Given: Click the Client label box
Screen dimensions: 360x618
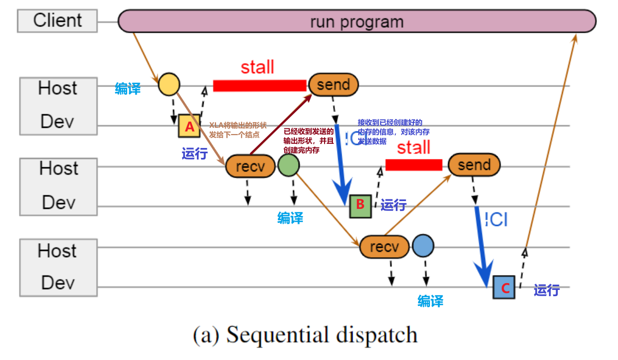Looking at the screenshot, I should (57, 21).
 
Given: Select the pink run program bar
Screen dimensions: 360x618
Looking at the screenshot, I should (356, 22).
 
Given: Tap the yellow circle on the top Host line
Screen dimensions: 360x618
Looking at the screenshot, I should (169, 84).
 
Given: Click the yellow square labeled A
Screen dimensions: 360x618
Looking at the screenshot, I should (189, 126).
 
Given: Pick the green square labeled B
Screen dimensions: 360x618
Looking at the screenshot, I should (360, 206).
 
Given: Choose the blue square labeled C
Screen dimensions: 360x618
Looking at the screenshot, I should (504, 287).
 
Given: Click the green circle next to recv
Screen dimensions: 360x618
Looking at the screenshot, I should (289, 166).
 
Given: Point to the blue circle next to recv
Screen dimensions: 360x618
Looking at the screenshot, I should (423, 246).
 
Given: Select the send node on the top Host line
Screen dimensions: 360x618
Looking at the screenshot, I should (333, 85).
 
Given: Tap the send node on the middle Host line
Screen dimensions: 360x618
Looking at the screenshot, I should (474, 165).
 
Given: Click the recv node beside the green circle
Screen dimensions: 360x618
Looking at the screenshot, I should (250, 166).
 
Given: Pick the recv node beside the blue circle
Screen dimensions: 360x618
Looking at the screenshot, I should (384, 246).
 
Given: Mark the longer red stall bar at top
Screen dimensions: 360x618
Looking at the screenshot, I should (260, 86).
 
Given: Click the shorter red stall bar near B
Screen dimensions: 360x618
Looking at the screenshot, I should (413, 165).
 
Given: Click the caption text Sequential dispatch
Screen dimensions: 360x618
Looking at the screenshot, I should (305, 335).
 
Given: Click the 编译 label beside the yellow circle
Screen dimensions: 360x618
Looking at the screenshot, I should (128, 89).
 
